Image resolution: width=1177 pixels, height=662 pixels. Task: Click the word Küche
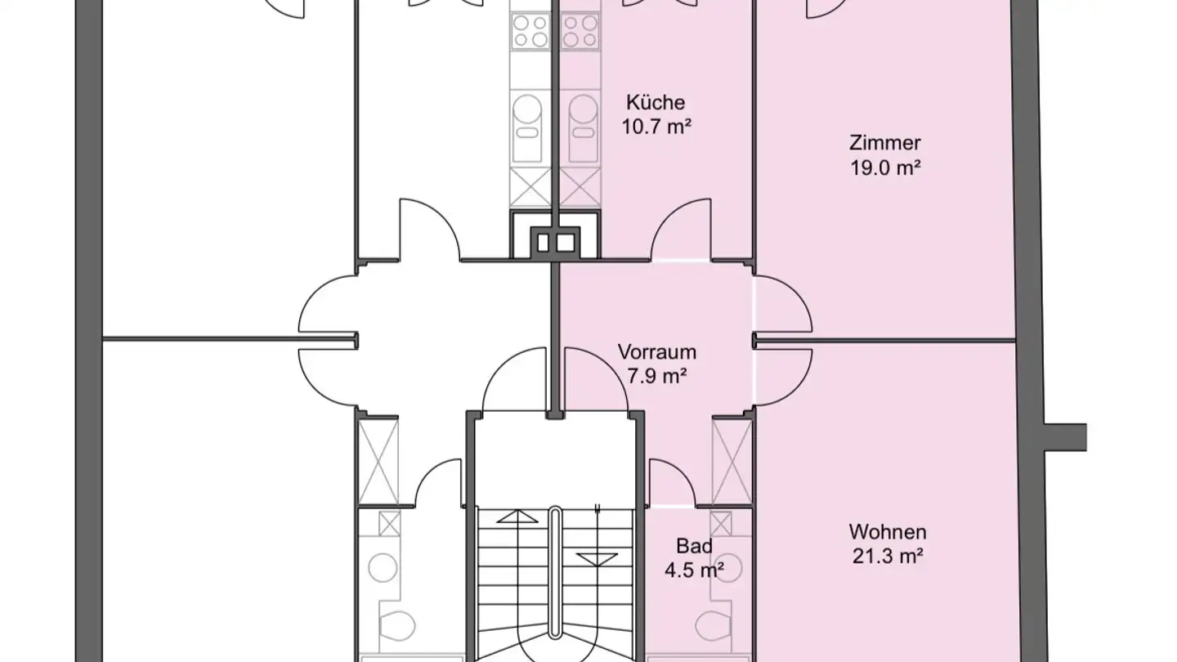[x=656, y=102]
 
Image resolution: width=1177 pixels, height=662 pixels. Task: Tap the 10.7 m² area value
[x=656, y=127]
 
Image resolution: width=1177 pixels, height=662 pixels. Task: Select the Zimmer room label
[x=885, y=143]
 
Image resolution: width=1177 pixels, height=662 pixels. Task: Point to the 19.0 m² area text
[x=885, y=168]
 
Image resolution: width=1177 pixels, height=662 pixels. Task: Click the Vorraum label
[x=657, y=351]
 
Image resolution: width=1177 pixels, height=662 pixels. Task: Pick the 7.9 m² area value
[x=657, y=376]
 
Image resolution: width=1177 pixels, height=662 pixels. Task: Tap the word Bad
[x=694, y=546]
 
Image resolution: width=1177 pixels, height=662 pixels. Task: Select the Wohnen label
[x=888, y=532]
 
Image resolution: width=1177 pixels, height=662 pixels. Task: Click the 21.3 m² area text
[x=888, y=557]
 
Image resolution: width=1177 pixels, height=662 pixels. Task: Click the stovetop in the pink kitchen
[x=580, y=32]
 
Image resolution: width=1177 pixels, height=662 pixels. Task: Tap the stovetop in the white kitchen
[x=530, y=32]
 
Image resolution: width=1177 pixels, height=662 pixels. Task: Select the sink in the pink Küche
[x=583, y=127]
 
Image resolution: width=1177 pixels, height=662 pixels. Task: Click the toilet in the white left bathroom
[x=397, y=626]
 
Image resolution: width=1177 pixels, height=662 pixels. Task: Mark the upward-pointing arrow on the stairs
[x=517, y=517]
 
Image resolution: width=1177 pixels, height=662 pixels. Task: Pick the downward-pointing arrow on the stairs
[x=597, y=559]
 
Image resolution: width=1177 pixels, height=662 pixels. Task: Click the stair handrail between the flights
[x=555, y=573]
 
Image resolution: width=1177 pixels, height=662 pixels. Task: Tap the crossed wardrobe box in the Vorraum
[x=732, y=462]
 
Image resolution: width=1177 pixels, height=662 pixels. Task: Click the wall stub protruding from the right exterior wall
[x=1065, y=437]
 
